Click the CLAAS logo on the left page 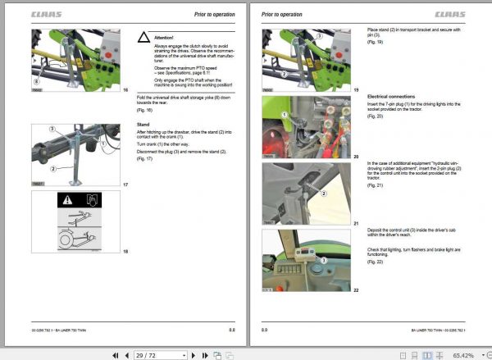click(46, 14)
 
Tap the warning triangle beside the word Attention click(143, 38)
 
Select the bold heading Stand click(143, 125)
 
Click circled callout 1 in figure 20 click(283, 115)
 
